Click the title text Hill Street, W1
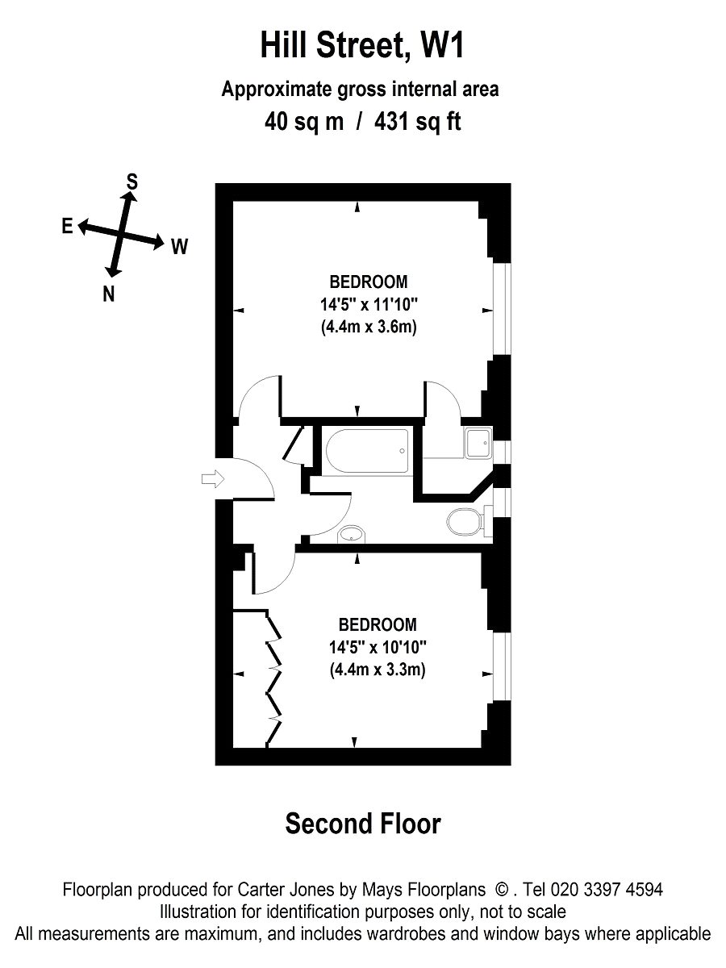pyautogui.click(x=362, y=46)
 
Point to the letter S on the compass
pyautogui.click(x=131, y=182)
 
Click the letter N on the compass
pyautogui.click(x=108, y=294)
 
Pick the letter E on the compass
pyautogui.click(x=67, y=226)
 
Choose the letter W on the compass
pyautogui.click(x=179, y=246)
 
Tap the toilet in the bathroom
pyautogui.click(x=464, y=522)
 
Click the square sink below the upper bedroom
pyautogui.click(x=479, y=442)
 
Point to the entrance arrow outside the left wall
pyautogui.click(x=211, y=480)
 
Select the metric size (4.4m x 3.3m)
pyautogui.click(x=377, y=669)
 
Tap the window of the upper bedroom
pyautogui.click(x=501, y=308)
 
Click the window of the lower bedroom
pyautogui.click(x=501, y=665)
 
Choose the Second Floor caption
pyautogui.click(x=363, y=824)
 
